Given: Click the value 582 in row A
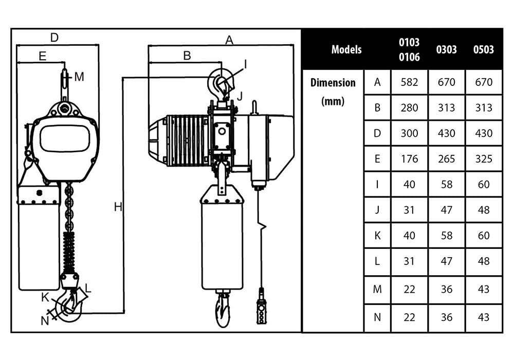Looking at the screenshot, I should (x=409, y=82).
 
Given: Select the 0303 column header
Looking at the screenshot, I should (x=447, y=49).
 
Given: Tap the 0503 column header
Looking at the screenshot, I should (x=484, y=49).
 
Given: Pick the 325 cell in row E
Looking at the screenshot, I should (x=484, y=159).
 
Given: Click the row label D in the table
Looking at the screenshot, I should (x=377, y=133).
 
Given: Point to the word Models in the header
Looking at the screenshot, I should (x=346, y=49).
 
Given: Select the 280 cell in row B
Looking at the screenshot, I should (x=409, y=108).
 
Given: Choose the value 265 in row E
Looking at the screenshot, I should (x=447, y=159).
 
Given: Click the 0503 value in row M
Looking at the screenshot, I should (x=484, y=290).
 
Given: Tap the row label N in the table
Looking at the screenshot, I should (x=377, y=317).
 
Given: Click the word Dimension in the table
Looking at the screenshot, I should (x=333, y=82).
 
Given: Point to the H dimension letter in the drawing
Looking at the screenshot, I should (x=118, y=207).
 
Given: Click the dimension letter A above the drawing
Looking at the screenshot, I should (x=230, y=40).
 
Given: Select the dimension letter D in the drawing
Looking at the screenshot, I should (x=54, y=37).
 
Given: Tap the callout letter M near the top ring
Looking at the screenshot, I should (x=79, y=77).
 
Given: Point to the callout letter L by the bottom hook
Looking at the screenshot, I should (x=88, y=289).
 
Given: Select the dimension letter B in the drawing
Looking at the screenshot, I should (x=187, y=56).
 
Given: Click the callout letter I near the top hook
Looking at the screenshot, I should (x=245, y=64).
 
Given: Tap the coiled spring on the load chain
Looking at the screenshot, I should (x=69, y=249).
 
